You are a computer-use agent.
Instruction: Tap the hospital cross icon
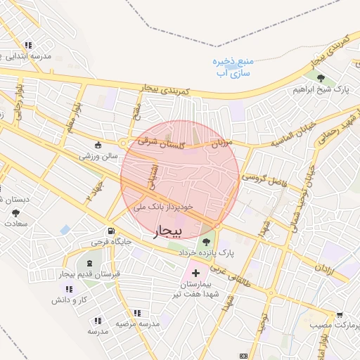point(195,273)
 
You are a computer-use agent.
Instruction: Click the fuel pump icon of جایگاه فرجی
point(111,231)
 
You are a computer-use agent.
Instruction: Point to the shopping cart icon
point(340,316)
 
